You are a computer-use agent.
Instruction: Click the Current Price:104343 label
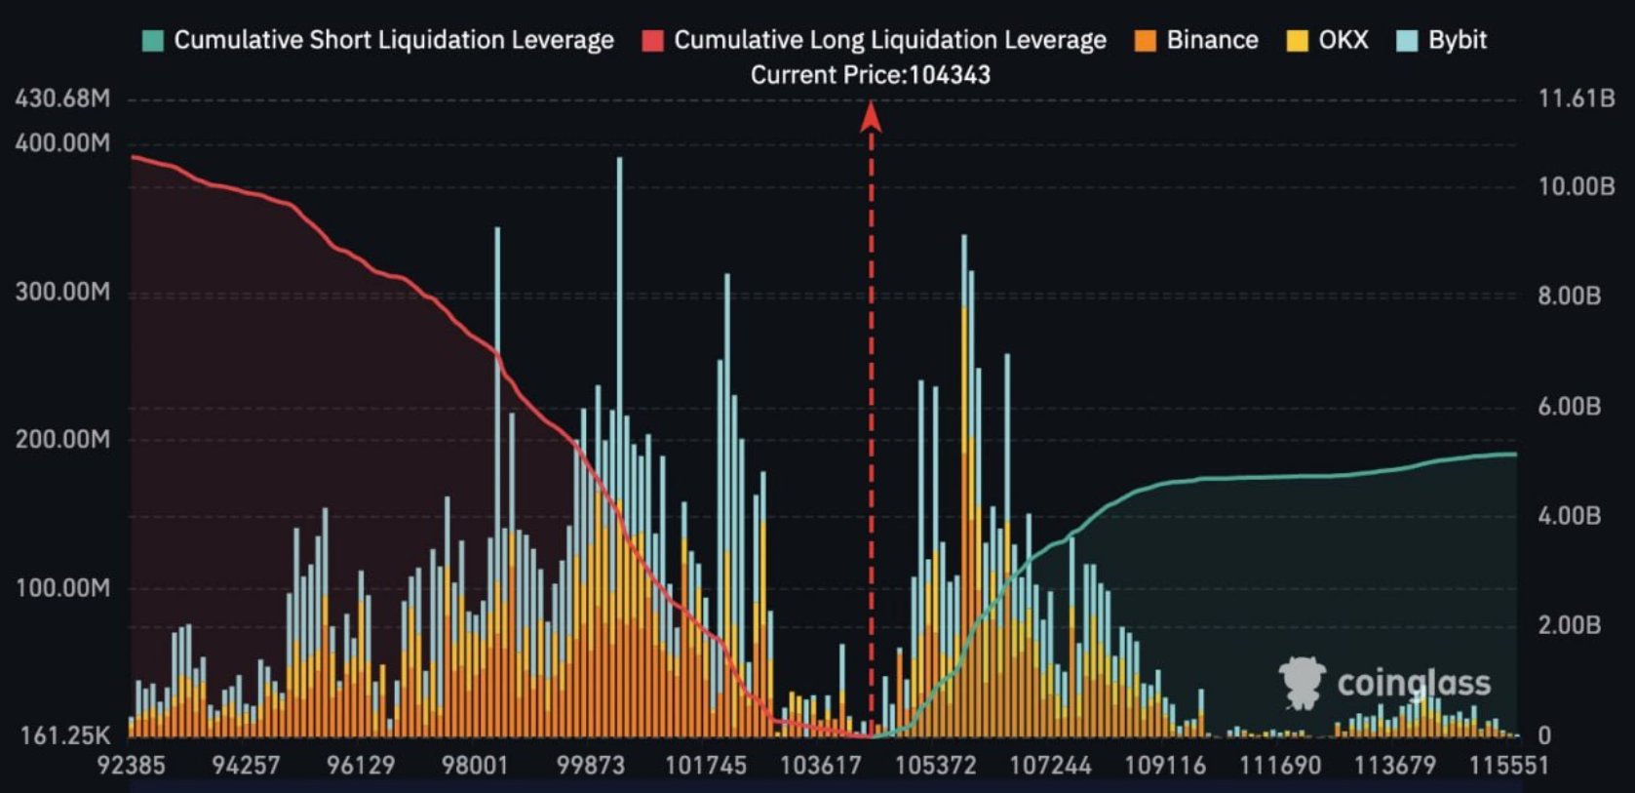click(x=870, y=75)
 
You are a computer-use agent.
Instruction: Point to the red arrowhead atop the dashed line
click(x=871, y=117)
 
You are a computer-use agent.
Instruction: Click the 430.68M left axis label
click(x=62, y=99)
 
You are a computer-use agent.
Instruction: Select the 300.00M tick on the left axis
click(x=62, y=292)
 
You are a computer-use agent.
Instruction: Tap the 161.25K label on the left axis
click(x=64, y=734)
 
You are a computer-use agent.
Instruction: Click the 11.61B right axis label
click(x=1576, y=99)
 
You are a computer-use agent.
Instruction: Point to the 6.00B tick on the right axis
click(x=1569, y=406)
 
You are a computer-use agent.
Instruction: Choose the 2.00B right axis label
click(x=1569, y=624)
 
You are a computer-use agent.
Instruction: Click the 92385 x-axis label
click(x=131, y=765)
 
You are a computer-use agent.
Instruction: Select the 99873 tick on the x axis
click(x=590, y=765)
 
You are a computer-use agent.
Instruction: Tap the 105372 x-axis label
click(x=935, y=765)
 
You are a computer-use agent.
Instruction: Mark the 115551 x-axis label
click(x=1508, y=765)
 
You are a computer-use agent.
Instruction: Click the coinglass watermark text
click(x=1413, y=683)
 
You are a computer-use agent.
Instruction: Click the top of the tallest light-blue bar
click(x=619, y=159)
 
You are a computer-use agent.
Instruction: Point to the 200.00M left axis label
click(x=62, y=439)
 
